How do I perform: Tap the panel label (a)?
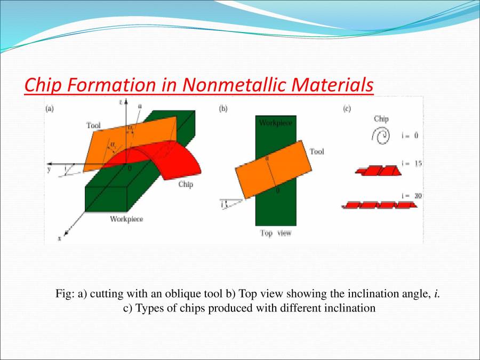(49, 109)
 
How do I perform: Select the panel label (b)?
(223, 109)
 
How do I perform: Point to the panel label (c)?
(347, 109)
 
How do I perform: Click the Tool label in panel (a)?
(93, 125)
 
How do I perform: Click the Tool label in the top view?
(317, 152)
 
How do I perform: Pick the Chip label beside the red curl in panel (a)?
(186, 185)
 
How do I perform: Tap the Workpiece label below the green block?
(126, 219)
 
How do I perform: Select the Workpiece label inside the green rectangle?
(275, 123)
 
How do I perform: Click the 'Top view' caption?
(276, 233)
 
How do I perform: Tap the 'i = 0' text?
(409, 135)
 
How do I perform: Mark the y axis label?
(48, 169)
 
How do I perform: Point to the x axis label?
(59, 239)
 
